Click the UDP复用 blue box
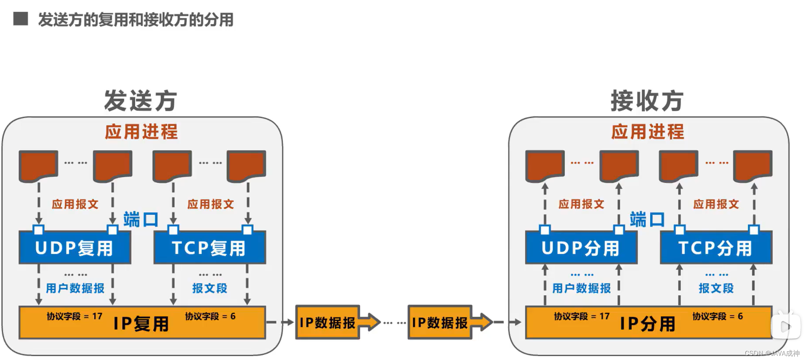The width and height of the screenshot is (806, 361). point(74,248)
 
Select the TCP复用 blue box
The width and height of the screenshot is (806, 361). point(209,248)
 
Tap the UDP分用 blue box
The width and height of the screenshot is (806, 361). point(581,248)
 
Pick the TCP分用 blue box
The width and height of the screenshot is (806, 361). point(715,248)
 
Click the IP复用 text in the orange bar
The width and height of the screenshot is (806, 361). point(141,324)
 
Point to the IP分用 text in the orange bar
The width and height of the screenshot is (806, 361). point(648,324)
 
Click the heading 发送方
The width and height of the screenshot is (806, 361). point(141,101)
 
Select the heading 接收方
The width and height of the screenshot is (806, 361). point(647,101)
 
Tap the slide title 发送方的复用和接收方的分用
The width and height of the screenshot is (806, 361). point(136,20)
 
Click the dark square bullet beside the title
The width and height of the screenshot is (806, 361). point(21,19)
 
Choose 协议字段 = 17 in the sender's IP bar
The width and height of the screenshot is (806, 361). point(74,316)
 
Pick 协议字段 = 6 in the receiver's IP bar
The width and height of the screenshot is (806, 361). point(718,316)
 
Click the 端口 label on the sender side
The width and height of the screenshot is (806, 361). point(141,219)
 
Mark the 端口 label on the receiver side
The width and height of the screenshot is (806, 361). point(647,219)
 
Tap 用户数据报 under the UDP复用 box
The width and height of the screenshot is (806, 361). point(75,288)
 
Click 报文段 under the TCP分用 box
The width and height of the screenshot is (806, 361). point(716,288)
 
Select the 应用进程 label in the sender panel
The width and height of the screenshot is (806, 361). point(141,132)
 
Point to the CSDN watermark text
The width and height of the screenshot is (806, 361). point(772,354)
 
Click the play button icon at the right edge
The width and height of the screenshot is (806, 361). point(786,326)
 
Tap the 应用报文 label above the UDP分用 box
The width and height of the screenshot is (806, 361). point(581,204)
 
